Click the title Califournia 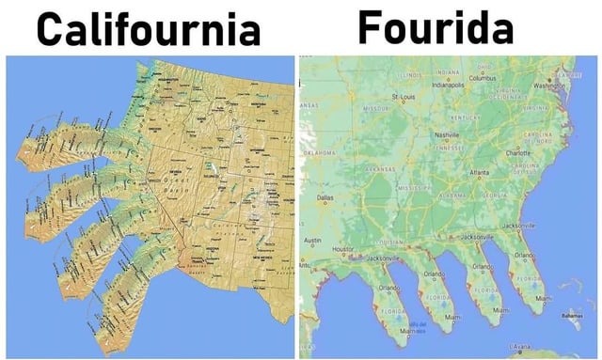148,30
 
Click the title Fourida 436,28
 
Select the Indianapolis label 448,84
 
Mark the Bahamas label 570,315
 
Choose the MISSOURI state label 376,109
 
